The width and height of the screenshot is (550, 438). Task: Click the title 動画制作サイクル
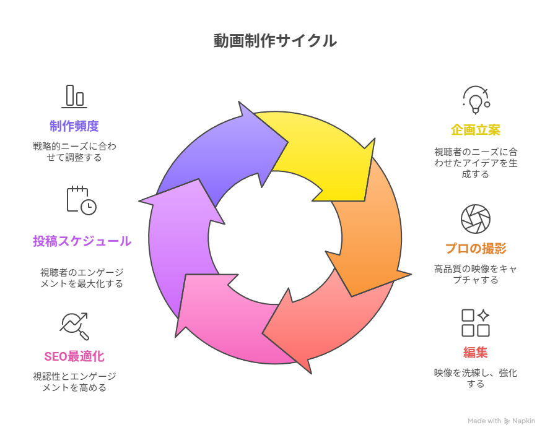point(275,41)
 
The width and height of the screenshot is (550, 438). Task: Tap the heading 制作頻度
point(74,126)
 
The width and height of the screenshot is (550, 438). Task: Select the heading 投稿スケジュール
point(82,241)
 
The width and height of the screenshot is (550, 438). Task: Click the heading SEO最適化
point(74,356)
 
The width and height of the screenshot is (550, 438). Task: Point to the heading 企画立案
point(476,130)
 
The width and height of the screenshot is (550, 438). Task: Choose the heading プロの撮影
point(476,249)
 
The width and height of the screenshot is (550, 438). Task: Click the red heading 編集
point(476,353)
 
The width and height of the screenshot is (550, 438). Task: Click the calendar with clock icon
point(81,200)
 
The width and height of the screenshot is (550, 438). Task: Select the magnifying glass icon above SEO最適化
point(74,326)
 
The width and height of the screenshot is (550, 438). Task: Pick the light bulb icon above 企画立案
point(476,100)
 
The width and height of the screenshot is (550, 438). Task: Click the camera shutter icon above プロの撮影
point(476,218)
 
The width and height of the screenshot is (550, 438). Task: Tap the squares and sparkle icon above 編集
point(476,322)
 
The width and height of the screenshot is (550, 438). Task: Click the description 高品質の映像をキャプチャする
point(476,274)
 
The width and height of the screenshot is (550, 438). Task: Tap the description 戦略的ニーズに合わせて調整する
point(74,152)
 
